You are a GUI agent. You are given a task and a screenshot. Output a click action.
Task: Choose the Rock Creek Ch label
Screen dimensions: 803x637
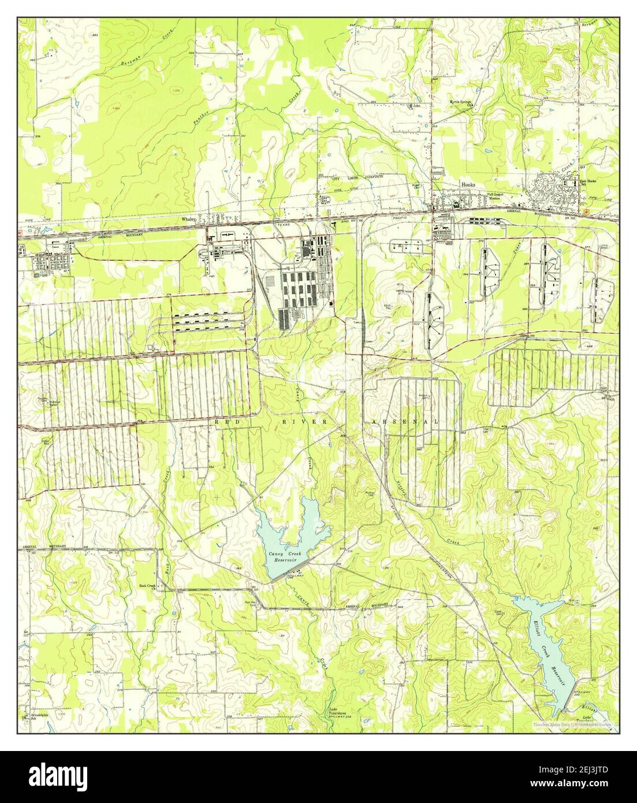[147, 586]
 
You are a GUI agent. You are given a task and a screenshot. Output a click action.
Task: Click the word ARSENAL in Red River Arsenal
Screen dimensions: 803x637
[404, 422]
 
